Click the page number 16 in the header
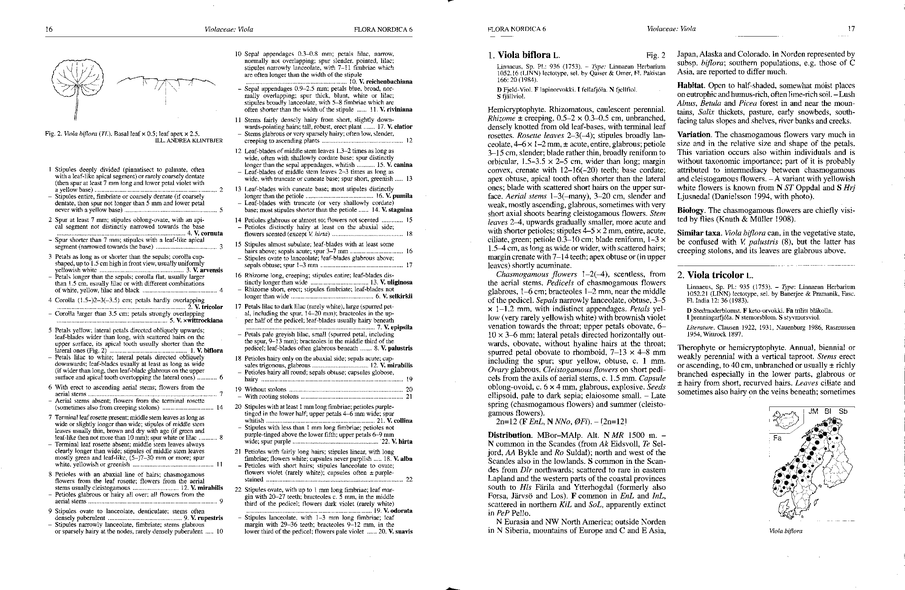pos(49,29)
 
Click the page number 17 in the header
pos(851,29)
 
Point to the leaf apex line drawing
pos(166,86)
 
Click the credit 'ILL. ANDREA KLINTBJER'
pos(189,141)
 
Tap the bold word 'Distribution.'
pos(510,435)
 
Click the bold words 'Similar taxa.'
pos(699,233)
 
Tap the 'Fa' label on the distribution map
pos(777,438)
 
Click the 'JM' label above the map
pos(813,411)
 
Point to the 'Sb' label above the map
pos(843,411)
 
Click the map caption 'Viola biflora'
pos(785,531)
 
